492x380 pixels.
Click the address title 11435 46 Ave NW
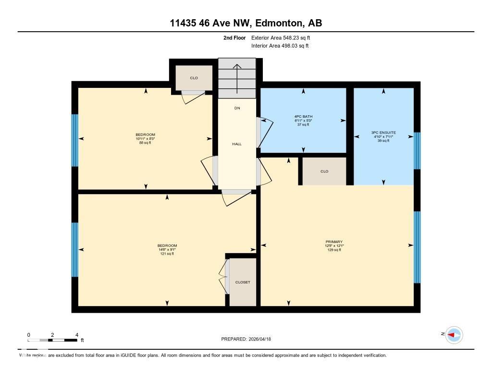tap(246, 23)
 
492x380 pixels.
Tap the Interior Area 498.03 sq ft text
tap(280, 46)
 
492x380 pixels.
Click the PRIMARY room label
tap(333, 242)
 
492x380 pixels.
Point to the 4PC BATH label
tap(303, 116)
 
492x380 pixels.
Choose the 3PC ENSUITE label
tap(383, 132)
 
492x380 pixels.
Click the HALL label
tap(237, 144)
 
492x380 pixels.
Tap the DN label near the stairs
tap(237, 108)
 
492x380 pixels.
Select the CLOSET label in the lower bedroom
tap(243, 282)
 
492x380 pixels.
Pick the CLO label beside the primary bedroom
tap(324, 171)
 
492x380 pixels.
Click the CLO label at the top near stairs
tap(194, 78)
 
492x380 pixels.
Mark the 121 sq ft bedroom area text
tap(167, 254)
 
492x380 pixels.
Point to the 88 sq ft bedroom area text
tap(145, 143)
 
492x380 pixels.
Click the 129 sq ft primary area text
tap(333, 250)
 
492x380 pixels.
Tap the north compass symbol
tap(454, 335)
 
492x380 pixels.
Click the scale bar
tap(52, 340)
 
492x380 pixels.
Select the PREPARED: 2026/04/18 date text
tap(246, 339)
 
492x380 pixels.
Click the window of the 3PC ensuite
tap(417, 150)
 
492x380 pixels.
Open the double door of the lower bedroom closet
tap(224, 278)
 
